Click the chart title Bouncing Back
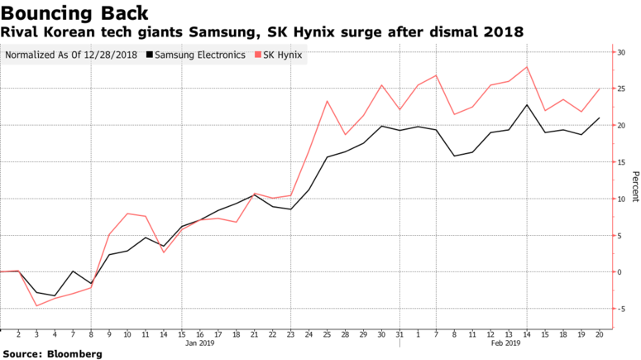pyautogui.click(x=75, y=13)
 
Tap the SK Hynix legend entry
pyautogui.click(x=283, y=55)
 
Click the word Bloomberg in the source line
pyautogui.click(x=74, y=354)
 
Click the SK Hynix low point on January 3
pyautogui.click(x=36, y=306)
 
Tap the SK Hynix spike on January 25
pyautogui.click(x=328, y=101)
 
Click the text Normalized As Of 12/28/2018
pyautogui.click(x=70, y=55)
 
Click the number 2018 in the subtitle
pyautogui.click(x=504, y=32)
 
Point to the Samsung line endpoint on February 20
pyautogui.click(x=600, y=118)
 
